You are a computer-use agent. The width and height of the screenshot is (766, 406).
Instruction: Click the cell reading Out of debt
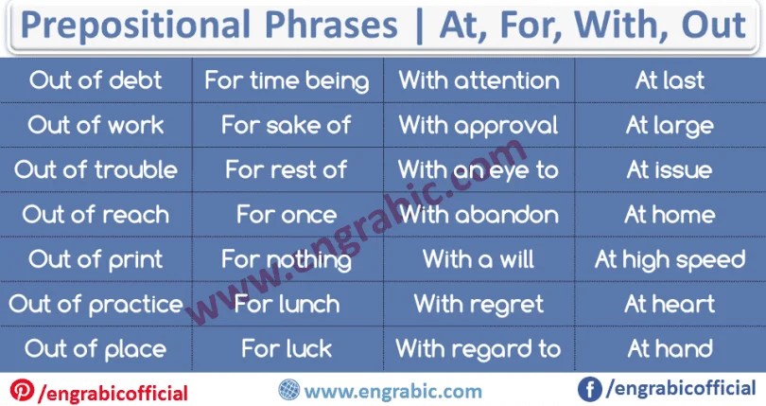pyautogui.click(x=96, y=80)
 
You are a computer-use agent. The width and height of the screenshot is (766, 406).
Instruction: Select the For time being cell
pyautogui.click(x=287, y=80)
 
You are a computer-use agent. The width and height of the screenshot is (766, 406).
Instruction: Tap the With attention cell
pyautogui.click(x=479, y=80)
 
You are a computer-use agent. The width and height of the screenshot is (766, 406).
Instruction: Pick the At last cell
pyautogui.click(x=670, y=80)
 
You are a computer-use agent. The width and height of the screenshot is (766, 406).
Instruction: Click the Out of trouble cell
pyautogui.click(x=96, y=169)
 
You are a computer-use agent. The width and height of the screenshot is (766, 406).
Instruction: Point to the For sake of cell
pyautogui.click(x=287, y=125)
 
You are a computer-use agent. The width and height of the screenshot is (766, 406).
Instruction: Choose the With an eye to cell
pyautogui.click(x=479, y=169)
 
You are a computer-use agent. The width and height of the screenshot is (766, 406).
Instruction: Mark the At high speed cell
pyautogui.click(x=670, y=259)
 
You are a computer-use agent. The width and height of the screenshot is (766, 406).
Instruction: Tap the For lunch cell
pyautogui.click(x=287, y=304)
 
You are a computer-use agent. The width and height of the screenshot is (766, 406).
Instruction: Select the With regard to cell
pyautogui.click(x=479, y=349)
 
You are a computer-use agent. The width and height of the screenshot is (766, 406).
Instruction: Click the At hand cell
pyautogui.click(x=670, y=349)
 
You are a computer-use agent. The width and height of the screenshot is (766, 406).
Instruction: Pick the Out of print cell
pyautogui.click(x=96, y=259)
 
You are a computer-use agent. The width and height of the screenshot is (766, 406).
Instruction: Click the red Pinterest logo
pyautogui.click(x=23, y=390)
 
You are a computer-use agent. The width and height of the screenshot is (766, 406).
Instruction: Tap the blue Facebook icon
pyautogui.click(x=590, y=389)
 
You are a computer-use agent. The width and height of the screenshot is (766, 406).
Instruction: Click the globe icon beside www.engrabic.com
pyautogui.click(x=289, y=390)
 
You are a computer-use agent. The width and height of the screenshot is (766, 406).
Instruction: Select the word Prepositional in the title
pyautogui.click(x=136, y=26)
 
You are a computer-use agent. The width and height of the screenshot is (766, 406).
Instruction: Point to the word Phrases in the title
pyautogui.click(x=332, y=25)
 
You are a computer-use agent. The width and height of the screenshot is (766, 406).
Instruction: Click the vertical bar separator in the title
pyautogui.click(x=419, y=26)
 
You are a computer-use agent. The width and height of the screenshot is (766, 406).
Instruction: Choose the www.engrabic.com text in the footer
pyautogui.click(x=393, y=391)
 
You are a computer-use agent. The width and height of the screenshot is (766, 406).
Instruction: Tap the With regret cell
pyautogui.click(x=479, y=304)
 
